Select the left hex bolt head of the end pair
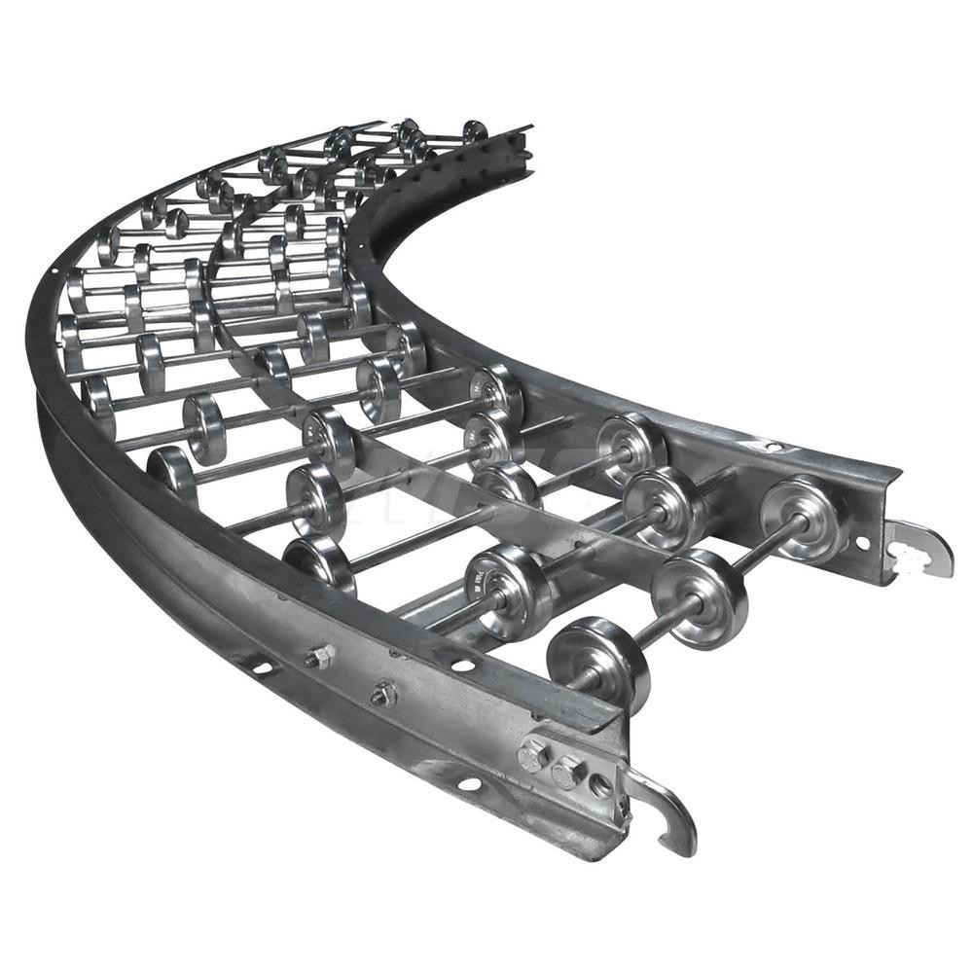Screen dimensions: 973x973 pos(533,755)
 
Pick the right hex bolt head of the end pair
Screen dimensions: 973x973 pos(568,773)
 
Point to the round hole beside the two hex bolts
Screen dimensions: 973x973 pos(600,785)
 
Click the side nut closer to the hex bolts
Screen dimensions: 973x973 pos(384,694)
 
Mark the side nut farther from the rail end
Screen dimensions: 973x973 pos(319,657)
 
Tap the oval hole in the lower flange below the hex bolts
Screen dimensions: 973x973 pos(470,783)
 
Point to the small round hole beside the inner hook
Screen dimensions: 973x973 pos(862,544)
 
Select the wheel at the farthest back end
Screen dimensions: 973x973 pos(475,130)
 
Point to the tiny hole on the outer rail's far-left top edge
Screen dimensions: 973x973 pos(54,270)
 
